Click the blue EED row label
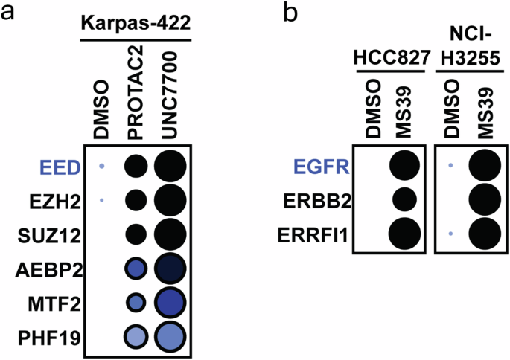pos(63,167)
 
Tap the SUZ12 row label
pos(57,235)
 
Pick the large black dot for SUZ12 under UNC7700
pos(171,235)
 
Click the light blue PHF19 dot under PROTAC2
pos(135,338)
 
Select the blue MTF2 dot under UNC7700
pos(171,303)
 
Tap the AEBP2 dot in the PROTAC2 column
pos(135,269)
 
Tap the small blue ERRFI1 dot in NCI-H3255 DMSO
pos(450,234)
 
